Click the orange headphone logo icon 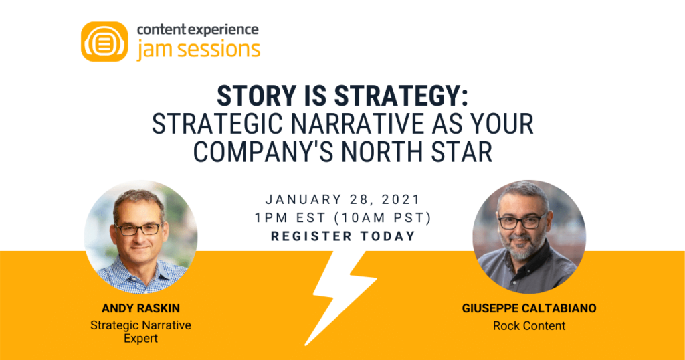click(104, 41)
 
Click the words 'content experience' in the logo click(197, 29)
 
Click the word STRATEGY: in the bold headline click(401, 96)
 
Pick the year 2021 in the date click(401, 199)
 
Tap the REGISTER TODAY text click(343, 236)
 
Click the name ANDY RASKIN click(140, 308)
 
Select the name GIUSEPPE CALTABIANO click(529, 308)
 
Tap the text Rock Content click(529, 325)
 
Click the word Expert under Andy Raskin click(140, 339)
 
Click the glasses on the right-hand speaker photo click(522, 221)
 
